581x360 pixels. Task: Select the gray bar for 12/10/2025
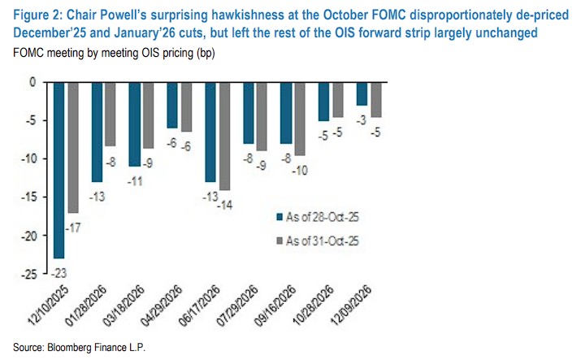pos(73,146)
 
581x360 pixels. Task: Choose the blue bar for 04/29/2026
pos(172,105)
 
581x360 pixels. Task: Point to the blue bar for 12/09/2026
pos(361,93)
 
